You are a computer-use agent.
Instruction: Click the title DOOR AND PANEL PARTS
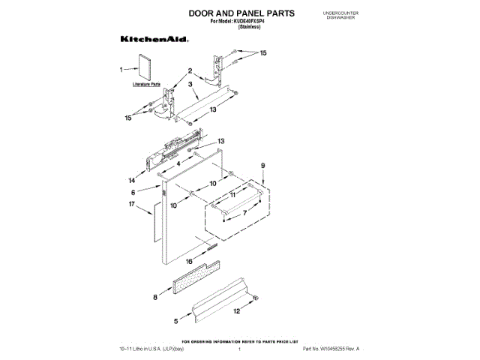[x=230, y=13]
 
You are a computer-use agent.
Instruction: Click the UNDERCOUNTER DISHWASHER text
[x=339, y=16]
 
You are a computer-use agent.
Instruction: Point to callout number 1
[x=121, y=69]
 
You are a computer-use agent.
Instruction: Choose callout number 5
[x=177, y=321]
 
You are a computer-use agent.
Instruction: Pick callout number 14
[x=132, y=179]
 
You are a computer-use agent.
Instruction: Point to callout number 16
[x=190, y=262]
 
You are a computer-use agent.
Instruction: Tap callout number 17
[x=131, y=204]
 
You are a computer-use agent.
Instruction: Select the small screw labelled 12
[x=257, y=299]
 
